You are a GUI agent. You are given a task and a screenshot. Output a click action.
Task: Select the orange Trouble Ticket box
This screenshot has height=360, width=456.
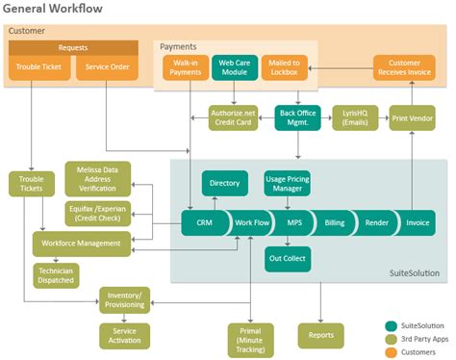tap(39, 68)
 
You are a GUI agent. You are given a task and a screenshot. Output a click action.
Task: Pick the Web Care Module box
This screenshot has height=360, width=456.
tap(235, 67)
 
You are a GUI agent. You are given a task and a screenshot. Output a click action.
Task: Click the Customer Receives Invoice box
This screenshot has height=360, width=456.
tap(410, 67)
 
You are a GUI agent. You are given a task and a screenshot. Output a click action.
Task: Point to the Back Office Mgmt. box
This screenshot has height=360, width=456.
tap(296, 117)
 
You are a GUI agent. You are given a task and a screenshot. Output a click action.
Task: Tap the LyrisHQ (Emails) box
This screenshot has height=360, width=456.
tap(355, 117)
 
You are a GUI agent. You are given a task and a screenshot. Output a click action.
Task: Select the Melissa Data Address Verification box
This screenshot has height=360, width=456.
tap(97, 179)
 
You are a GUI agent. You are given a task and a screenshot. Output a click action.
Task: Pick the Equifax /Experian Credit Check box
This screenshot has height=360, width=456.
tap(97, 214)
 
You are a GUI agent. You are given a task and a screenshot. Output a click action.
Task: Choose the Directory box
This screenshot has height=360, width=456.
tap(225, 182)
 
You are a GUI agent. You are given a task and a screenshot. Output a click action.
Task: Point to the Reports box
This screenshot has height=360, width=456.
tap(320, 334)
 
